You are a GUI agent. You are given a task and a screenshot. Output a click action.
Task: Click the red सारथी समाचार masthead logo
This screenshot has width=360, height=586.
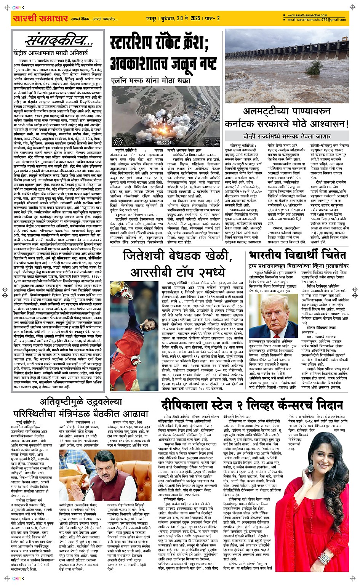40,18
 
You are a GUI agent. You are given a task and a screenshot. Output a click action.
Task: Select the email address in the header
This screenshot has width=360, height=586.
316,20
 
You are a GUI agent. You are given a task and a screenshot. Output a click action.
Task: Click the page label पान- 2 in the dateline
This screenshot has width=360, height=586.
213,18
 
